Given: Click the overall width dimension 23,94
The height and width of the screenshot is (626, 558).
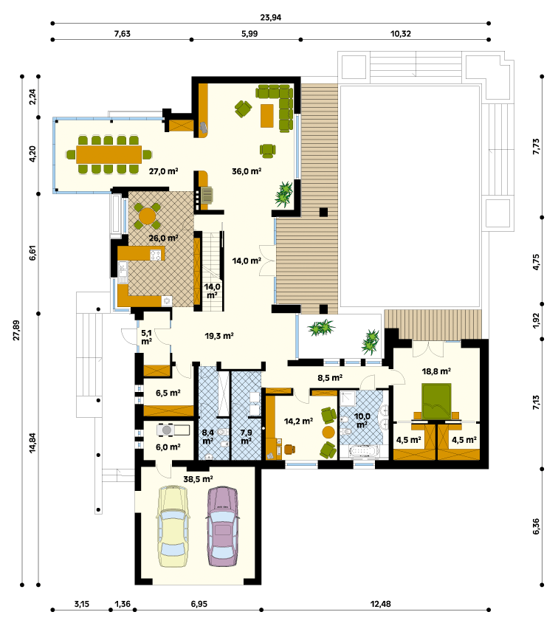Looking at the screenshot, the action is point(271,18).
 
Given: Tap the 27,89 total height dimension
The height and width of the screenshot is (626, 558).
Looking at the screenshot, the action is point(16,330).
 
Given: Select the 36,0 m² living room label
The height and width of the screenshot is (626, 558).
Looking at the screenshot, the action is point(247,171).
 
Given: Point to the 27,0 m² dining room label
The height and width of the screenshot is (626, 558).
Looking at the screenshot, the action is point(163,171).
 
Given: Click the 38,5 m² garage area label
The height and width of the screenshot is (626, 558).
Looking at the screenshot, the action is point(198,478).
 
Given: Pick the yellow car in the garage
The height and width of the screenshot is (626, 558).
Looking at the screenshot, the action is point(173,526).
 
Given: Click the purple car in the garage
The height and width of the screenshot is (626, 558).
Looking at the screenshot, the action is point(223,526).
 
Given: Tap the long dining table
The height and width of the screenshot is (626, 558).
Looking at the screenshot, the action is point(108,154).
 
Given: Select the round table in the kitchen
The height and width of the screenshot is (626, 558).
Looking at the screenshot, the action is point(147,216).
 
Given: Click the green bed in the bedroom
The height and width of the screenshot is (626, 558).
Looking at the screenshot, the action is point(436,402).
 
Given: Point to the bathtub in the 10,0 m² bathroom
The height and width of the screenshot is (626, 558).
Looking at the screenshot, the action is point(363,451).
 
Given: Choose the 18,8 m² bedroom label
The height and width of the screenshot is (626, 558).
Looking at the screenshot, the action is point(436,371).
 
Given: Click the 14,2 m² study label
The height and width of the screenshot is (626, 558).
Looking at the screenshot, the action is point(298,421).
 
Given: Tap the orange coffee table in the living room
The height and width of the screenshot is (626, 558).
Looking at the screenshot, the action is point(267,116).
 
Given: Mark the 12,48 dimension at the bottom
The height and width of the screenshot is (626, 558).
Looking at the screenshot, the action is point(380,604).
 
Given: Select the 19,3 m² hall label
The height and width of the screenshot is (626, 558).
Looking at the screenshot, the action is point(219,336).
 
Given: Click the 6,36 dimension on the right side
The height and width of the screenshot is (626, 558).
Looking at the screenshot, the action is point(536,526).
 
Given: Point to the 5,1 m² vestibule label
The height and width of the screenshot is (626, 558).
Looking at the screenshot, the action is point(146,337).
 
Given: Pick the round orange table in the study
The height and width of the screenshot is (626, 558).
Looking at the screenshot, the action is point(328,432).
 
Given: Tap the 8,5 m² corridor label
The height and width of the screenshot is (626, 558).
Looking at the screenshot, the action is point(330,377).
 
